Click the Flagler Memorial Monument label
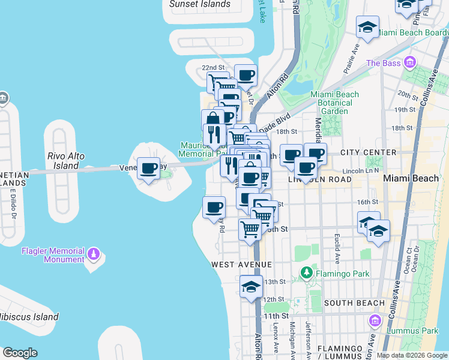click(x=53, y=255)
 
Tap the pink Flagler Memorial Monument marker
click(x=92, y=255)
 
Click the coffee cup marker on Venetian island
click(x=148, y=168)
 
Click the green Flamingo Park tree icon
click(x=307, y=274)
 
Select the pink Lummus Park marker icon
click(x=376, y=320)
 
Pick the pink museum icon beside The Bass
click(x=410, y=62)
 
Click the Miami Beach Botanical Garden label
click(x=334, y=103)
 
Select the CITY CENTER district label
click(x=368, y=152)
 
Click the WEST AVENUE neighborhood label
click(x=241, y=265)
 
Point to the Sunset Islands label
click(x=200, y=4)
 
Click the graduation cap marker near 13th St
click(x=251, y=287)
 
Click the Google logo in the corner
click(x=20, y=353)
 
